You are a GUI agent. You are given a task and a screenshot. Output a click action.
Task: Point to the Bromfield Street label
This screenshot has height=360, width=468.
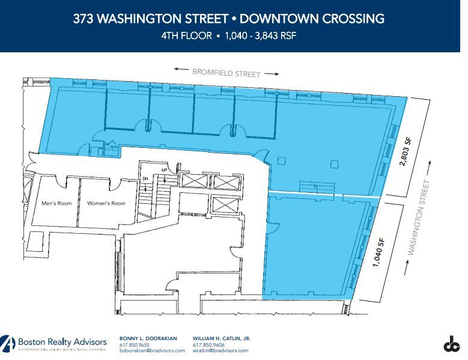click(x=226, y=73)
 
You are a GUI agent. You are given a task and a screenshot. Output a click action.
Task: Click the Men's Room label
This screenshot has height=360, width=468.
click(x=56, y=203)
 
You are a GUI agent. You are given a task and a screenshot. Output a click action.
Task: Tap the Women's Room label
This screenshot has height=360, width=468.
click(x=106, y=203)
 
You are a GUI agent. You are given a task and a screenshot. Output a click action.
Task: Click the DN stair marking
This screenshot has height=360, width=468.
click(x=144, y=179)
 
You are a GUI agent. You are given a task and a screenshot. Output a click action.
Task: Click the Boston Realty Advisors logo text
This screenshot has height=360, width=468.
click(x=62, y=341)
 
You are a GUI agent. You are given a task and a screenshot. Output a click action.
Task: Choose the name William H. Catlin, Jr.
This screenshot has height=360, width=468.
click(x=222, y=339)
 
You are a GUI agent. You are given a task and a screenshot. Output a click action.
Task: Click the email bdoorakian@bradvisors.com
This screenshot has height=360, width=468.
click(x=153, y=350)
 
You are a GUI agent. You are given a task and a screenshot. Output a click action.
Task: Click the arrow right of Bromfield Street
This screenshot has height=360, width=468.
click(x=272, y=74)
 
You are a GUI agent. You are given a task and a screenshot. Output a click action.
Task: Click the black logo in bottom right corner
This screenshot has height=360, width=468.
click(x=451, y=344)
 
